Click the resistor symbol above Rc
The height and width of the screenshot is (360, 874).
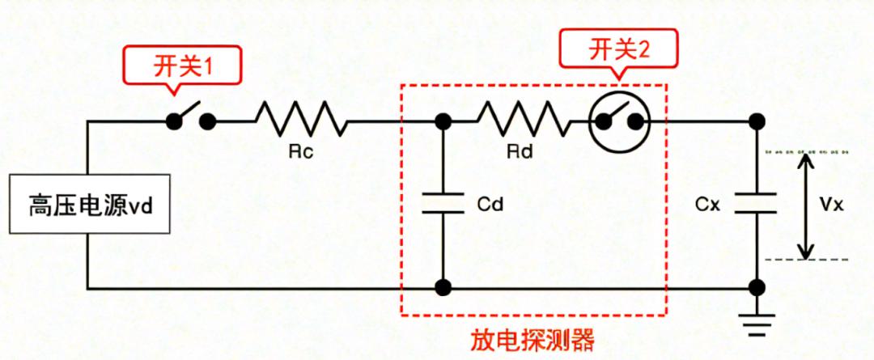(x=301, y=121)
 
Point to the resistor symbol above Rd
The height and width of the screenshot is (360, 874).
(x=522, y=121)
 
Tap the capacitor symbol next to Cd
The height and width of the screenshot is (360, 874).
(x=443, y=203)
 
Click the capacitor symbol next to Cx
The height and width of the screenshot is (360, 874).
(x=757, y=203)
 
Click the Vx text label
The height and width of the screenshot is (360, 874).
(x=831, y=204)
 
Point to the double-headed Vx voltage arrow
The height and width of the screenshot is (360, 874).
(x=804, y=204)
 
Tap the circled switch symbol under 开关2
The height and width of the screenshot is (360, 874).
(x=618, y=121)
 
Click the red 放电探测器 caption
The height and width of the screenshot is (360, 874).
(x=532, y=341)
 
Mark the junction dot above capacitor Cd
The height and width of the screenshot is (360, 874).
(x=443, y=121)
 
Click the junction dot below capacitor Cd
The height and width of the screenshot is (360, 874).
(x=443, y=287)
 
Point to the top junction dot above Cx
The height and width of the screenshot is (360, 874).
(x=757, y=121)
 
